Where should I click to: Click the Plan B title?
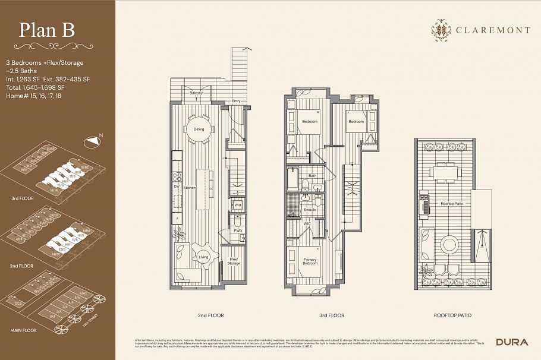coord(48,30)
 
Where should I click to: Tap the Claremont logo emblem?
coord(441,29)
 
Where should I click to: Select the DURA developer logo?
coord(511,342)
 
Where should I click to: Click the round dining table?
coord(199,129)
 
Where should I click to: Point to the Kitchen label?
coord(189,187)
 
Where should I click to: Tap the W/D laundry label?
coord(237,205)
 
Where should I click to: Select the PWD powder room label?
coord(238,230)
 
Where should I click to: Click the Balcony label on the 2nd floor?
coord(196,94)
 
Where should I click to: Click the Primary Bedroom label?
coord(310,261)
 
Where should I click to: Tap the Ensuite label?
coord(310,210)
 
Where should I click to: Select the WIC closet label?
coord(307,224)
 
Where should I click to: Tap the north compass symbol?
coord(93,141)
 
